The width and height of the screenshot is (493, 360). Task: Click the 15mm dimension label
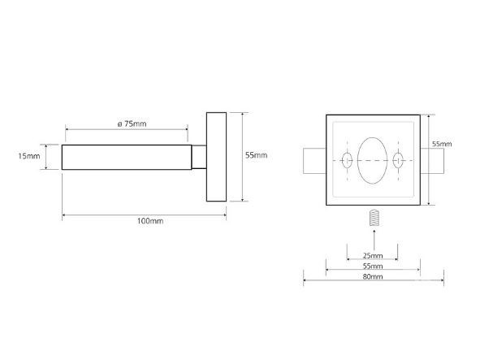coord(29,156)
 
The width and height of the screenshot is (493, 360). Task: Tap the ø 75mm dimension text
coord(132,124)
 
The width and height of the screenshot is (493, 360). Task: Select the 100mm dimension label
coord(150,221)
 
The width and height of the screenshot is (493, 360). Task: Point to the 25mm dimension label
coord(373,255)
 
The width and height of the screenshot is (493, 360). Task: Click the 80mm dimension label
coord(373,276)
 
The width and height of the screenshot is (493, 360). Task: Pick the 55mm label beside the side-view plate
coord(257,155)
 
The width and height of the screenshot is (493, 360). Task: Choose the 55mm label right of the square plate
coord(442,144)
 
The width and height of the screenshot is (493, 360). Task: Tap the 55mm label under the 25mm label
coord(373,266)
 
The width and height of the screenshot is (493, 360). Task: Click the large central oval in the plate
coord(373,160)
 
